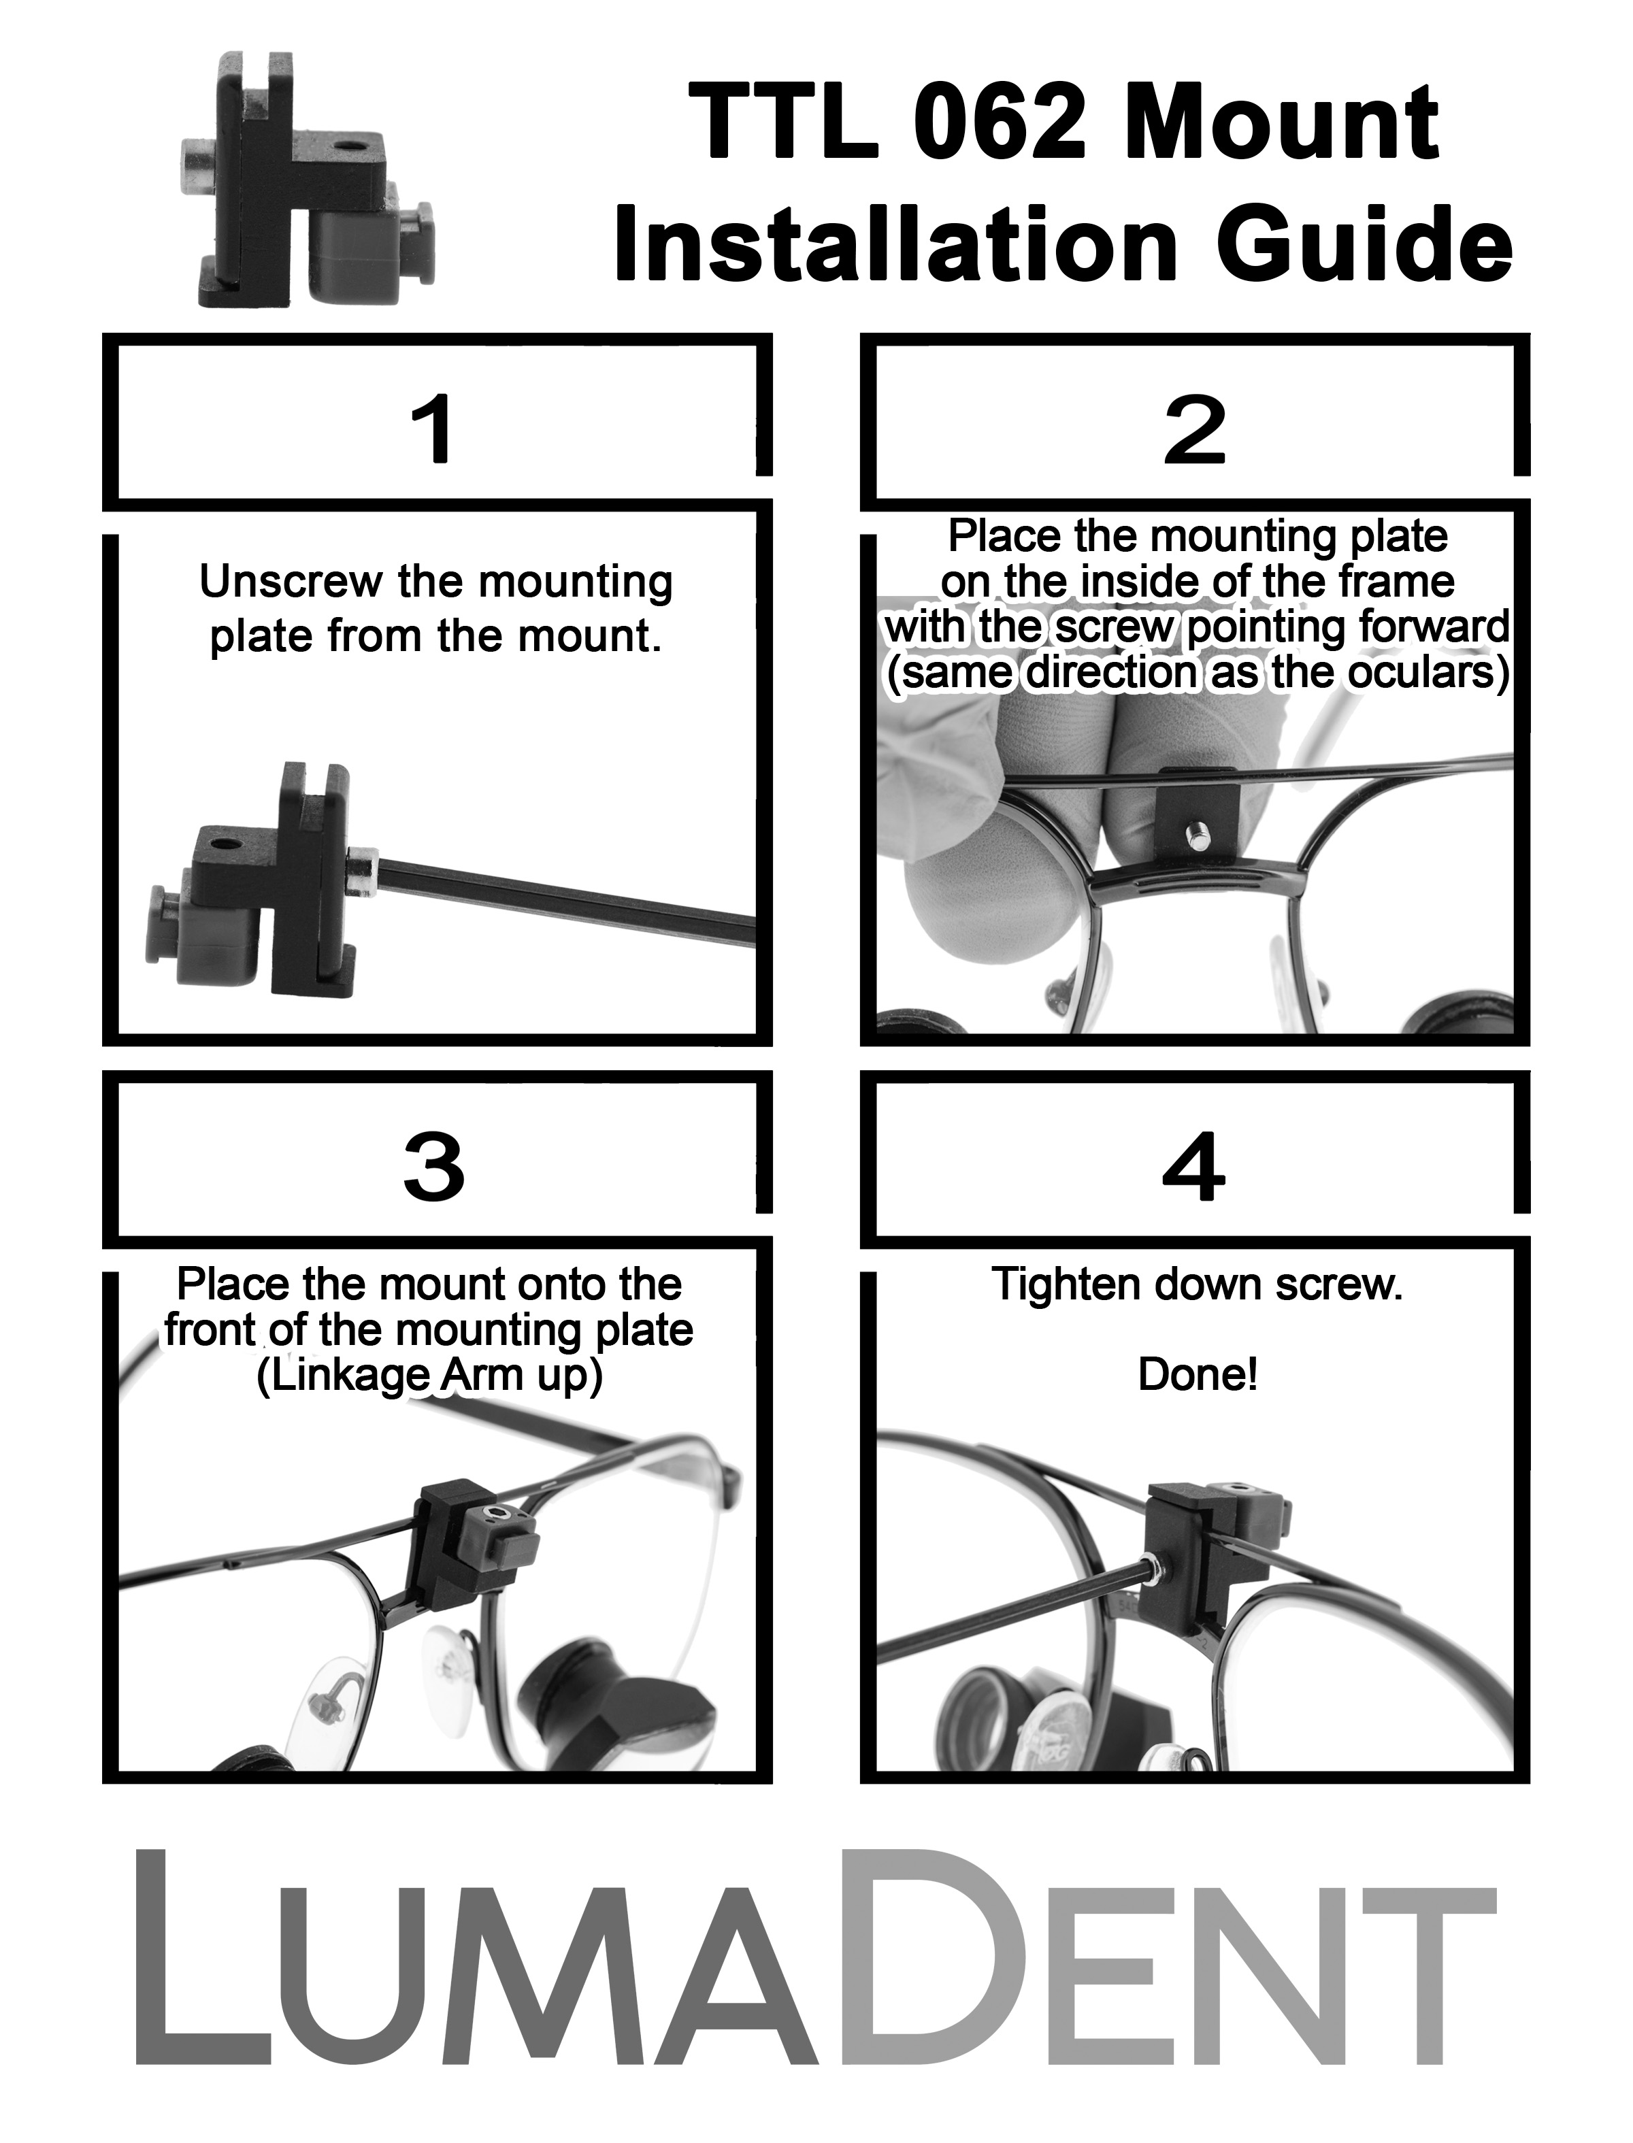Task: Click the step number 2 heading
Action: [1195, 429]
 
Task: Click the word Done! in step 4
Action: [1198, 1374]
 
